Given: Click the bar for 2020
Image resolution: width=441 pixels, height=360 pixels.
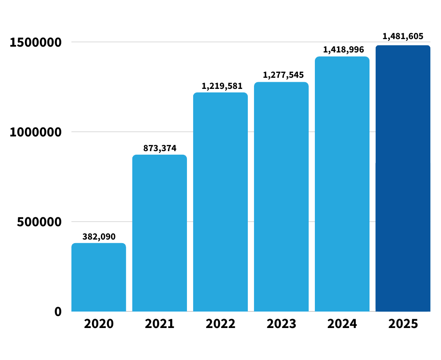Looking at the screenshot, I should coord(99,277).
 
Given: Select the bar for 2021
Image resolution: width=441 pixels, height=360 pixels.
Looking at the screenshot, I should coord(159,233).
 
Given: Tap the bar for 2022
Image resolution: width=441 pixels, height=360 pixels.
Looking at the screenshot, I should coord(220,202).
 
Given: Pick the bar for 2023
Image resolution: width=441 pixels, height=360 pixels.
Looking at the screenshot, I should coord(281,196).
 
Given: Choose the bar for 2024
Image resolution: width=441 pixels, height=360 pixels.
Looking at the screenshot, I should coord(342,184).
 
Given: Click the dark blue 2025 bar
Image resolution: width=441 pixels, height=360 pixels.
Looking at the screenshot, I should coord(403,178).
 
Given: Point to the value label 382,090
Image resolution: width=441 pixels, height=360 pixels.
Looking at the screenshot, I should coord(99,236).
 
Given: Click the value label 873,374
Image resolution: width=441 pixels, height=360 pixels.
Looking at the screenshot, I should coord(159,148).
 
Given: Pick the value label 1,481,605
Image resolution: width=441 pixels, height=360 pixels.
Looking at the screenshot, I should coord(403,36).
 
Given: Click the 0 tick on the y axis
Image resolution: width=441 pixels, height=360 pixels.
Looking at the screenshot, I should coord(58,312).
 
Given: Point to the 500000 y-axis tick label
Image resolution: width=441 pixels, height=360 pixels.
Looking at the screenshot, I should coord(40,222).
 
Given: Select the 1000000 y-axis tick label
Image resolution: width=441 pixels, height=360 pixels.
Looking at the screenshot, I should coord(36,132).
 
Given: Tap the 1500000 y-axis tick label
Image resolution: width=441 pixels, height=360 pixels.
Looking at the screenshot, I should coord(36,43).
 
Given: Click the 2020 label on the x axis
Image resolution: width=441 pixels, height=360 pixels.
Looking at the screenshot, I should coord(99,324).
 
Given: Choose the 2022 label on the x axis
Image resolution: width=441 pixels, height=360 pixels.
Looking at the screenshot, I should coord(220,324).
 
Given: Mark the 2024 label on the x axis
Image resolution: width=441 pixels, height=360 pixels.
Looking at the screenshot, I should coord(342,324).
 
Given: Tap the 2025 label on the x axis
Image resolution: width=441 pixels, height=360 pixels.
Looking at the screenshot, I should coord(403,324).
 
